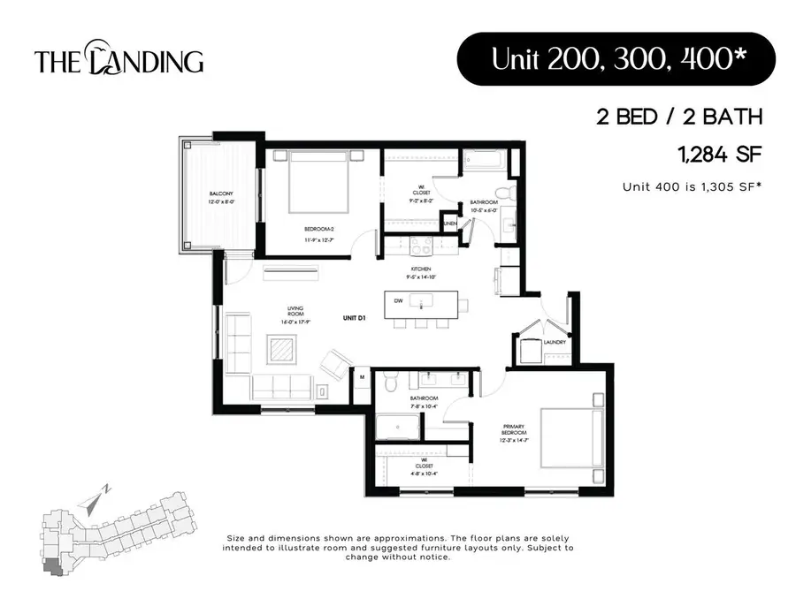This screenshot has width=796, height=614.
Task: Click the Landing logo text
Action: (x=119, y=61)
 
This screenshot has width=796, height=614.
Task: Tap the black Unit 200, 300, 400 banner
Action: (x=616, y=59)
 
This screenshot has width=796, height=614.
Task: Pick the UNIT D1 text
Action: (x=356, y=317)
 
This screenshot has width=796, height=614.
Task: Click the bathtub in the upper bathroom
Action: (x=484, y=162)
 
